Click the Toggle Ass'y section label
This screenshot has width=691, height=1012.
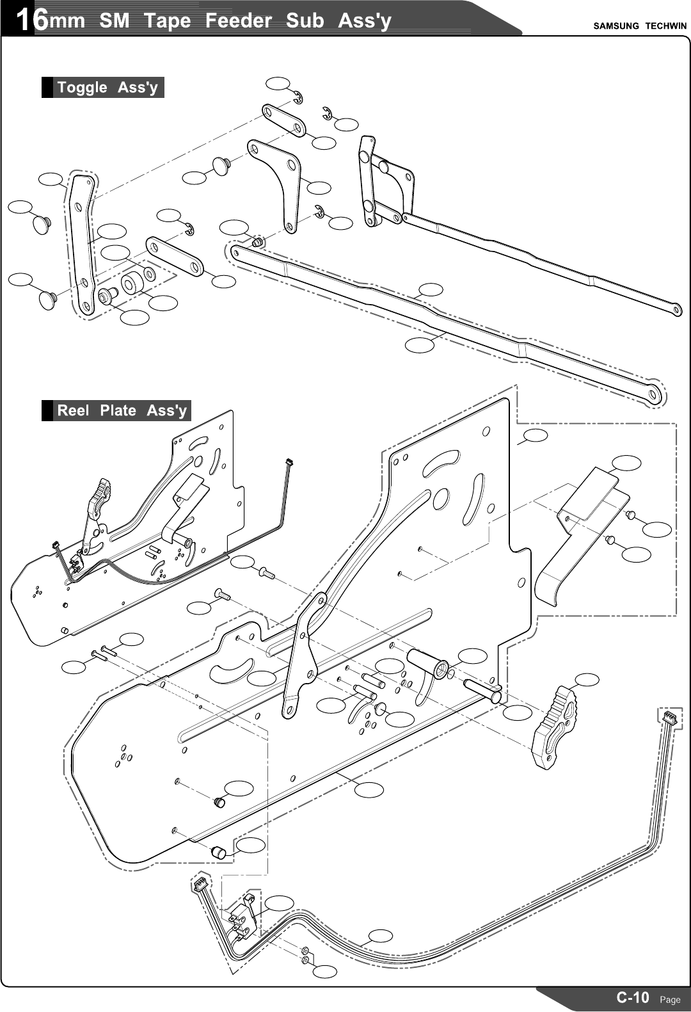[107, 88]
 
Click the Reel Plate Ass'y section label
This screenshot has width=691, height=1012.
[122, 411]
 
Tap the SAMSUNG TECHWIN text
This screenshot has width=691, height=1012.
[639, 26]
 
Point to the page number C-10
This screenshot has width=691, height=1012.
[632, 997]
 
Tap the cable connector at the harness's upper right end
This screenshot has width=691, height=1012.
[668, 717]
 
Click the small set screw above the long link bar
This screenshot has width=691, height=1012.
[257, 243]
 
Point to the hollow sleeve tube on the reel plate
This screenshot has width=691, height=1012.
[427, 663]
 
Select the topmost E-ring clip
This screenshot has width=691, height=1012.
[298, 97]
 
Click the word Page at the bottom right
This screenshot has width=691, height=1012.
[670, 1000]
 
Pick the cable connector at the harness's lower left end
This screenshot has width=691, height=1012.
[200, 885]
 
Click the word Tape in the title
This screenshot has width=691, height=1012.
[167, 20]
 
